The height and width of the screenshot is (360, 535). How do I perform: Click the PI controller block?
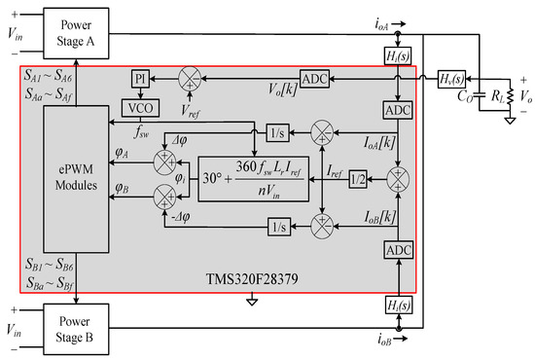(x=138, y=76)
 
